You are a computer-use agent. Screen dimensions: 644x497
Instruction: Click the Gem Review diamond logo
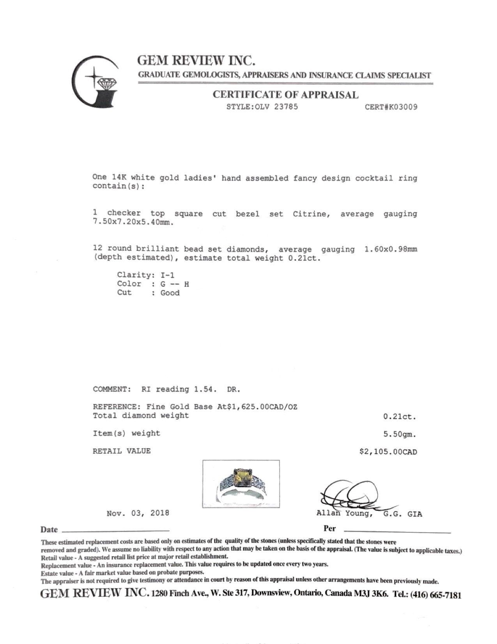tap(97, 82)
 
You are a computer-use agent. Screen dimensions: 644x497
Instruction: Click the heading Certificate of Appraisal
tap(285, 95)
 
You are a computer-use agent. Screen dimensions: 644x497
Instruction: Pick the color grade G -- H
tap(175, 284)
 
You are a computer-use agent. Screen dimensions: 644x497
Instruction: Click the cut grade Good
tap(170, 293)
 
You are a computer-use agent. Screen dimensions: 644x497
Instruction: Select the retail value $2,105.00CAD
tap(388, 452)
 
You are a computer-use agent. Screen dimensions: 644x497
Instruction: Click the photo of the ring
tap(241, 484)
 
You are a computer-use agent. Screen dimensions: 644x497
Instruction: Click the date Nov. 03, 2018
tap(138, 513)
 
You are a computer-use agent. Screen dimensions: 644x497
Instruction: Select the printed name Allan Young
tap(343, 514)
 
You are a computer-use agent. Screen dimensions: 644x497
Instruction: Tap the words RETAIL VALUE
tap(122, 451)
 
